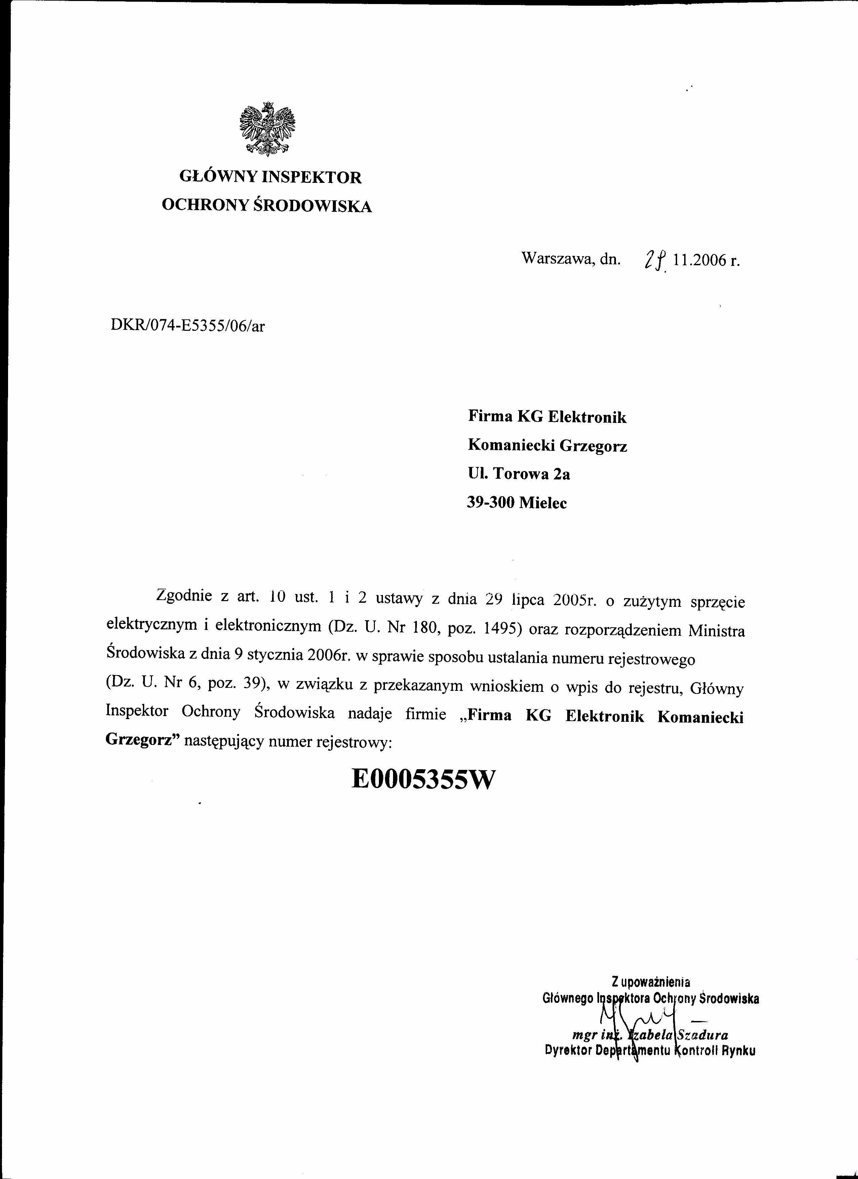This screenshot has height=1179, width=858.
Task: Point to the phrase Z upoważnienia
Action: [x=651, y=982]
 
